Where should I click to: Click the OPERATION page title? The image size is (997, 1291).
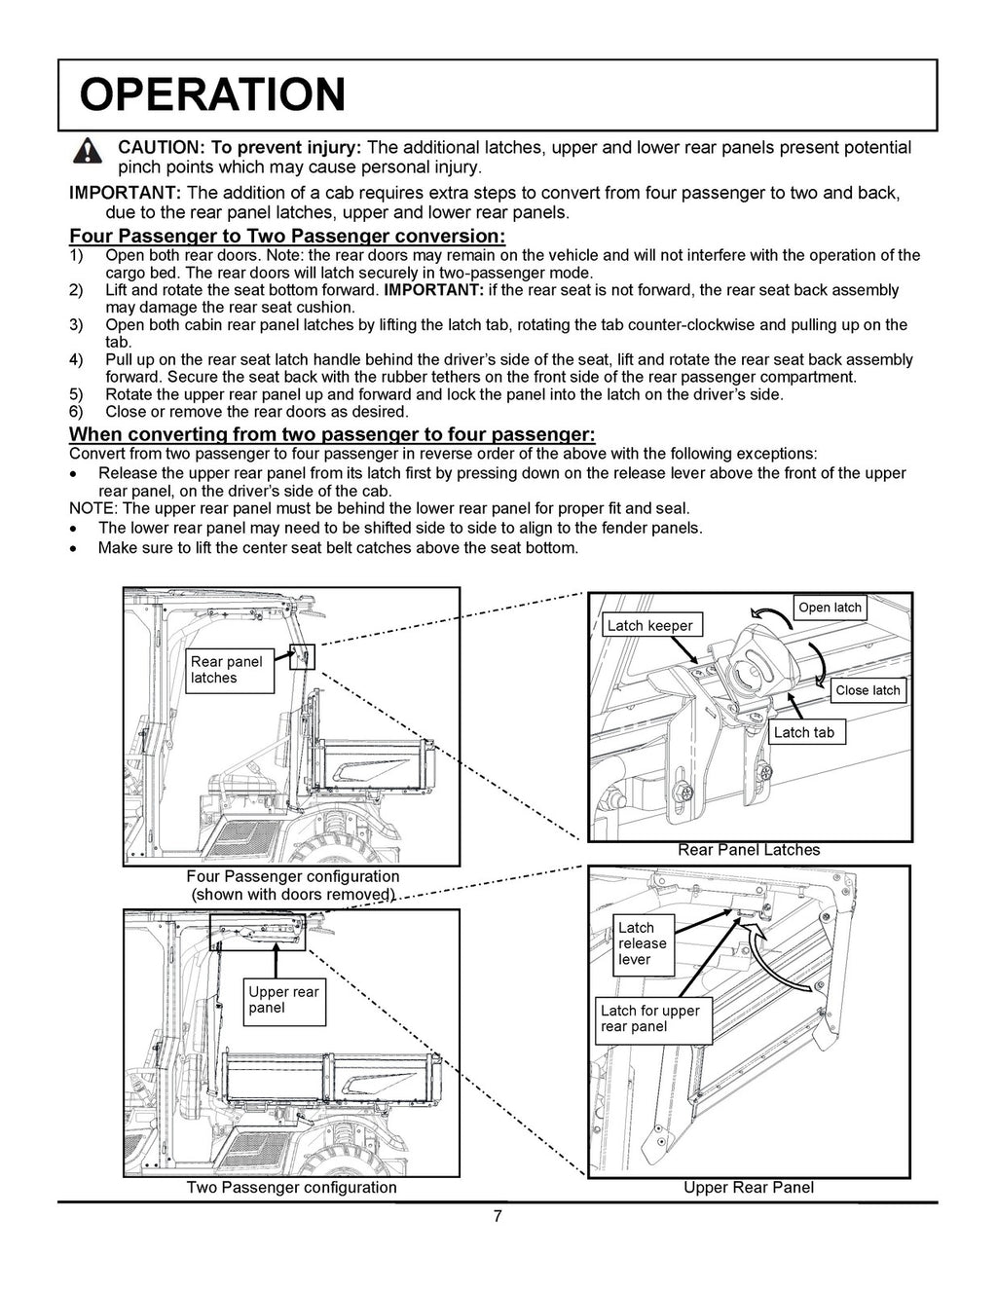coord(211,94)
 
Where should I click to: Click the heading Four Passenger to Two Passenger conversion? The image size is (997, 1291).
coord(287,237)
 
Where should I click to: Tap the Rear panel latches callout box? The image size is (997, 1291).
coord(231,670)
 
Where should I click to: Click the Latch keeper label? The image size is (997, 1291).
coord(649,625)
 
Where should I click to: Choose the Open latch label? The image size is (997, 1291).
coord(830,608)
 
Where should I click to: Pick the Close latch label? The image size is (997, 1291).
coord(868,690)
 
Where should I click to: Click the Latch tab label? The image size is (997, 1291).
coord(803,732)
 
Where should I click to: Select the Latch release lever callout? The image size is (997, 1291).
coord(643,943)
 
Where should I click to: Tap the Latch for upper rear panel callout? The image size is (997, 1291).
coord(649,1018)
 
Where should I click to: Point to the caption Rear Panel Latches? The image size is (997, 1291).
coord(749,850)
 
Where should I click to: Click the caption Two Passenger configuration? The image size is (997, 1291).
coord(292,1188)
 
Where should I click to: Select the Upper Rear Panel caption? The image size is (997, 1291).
coord(748,1188)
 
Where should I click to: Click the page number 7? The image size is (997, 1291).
coord(497,1217)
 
